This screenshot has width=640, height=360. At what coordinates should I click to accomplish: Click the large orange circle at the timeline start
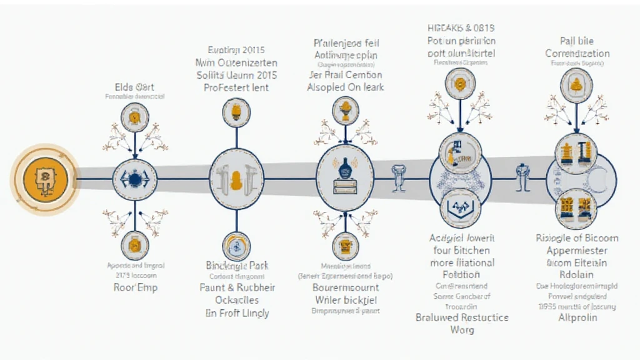click(x=44, y=179)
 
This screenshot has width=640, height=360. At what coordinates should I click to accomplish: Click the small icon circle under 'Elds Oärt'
click(x=134, y=117)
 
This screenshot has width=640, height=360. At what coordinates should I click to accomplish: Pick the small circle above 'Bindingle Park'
click(x=236, y=246)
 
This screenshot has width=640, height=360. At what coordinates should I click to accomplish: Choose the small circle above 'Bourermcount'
click(x=344, y=246)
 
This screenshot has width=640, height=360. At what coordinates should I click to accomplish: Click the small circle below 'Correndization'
click(x=576, y=82)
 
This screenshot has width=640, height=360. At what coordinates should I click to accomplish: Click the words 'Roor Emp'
click(x=135, y=287)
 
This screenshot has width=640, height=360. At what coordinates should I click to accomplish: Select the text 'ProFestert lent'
click(x=236, y=87)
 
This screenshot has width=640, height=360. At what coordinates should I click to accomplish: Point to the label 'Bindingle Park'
click(x=237, y=266)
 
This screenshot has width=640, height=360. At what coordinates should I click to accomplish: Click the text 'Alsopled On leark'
click(x=345, y=87)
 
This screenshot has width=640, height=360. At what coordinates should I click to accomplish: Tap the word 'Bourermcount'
click(x=345, y=287)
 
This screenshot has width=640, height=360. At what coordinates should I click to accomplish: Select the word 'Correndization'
click(x=577, y=54)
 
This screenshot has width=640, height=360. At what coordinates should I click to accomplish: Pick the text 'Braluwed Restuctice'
click(x=462, y=317)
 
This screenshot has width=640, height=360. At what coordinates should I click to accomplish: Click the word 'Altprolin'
click(x=577, y=317)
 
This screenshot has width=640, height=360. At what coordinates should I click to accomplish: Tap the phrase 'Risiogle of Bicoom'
click(x=577, y=237)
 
